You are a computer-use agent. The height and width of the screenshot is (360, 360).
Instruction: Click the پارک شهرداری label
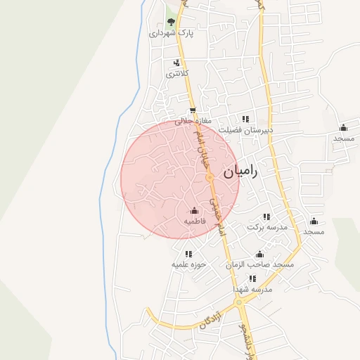pos(171,33)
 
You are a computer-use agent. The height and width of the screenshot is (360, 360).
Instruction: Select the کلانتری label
pos(176,73)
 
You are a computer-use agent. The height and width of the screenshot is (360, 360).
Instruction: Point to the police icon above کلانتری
pos(176,63)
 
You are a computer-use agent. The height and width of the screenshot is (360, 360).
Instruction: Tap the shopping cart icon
pos(193,110)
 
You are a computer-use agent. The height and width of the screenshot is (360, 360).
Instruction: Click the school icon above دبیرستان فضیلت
pos(245,119)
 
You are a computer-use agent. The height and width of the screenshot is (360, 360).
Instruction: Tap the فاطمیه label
pos(194,221)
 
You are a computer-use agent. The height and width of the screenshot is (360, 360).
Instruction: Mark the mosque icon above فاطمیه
pos(194,210)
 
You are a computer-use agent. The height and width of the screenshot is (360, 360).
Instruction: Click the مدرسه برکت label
pos(267,228)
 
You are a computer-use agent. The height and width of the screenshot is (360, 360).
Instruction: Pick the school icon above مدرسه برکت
pos(266,217)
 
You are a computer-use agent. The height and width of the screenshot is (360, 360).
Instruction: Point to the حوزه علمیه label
pos(188,265)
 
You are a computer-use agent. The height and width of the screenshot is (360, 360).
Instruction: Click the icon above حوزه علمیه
pos(188,254)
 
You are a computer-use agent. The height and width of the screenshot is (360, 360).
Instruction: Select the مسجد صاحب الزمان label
pos(259,264)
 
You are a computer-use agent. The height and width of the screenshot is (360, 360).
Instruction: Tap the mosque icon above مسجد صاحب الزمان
pos(259,254)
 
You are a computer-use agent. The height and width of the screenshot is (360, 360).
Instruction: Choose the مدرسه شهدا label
pos(253,289)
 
